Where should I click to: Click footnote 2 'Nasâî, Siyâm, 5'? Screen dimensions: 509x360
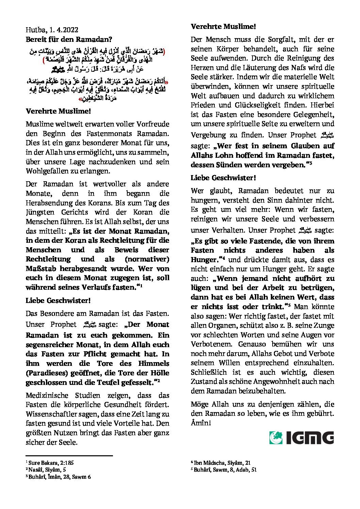click(47, 470)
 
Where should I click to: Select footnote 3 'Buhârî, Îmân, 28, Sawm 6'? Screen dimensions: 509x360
click(60, 477)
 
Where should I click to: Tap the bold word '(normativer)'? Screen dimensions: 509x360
click(147, 259)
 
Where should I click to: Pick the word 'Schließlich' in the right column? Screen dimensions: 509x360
click(208, 372)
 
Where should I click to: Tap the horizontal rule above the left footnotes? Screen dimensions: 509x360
click(69, 456)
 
